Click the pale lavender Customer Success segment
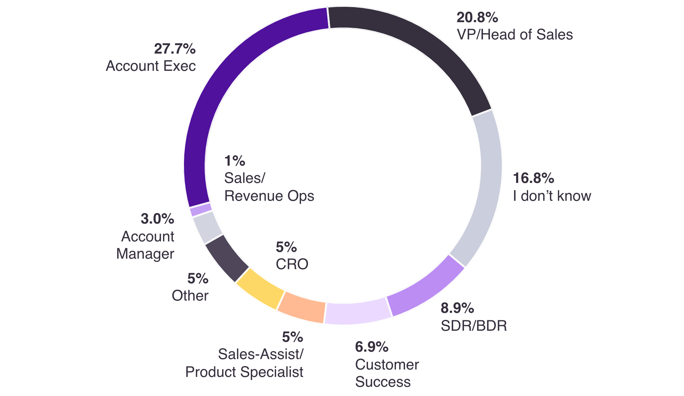click(357, 313)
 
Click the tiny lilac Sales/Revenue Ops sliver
click(201, 209)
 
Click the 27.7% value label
click(175, 49)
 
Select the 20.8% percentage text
click(477, 17)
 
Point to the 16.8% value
click(533, 178)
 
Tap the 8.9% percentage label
click(457, 308)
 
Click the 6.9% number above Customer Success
click(372, 347)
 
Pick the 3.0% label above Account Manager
click(157, 219)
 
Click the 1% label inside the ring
click(234, 161)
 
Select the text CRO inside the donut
click(292, 264)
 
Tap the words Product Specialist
click(244, 372)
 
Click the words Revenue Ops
click(269, 196)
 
